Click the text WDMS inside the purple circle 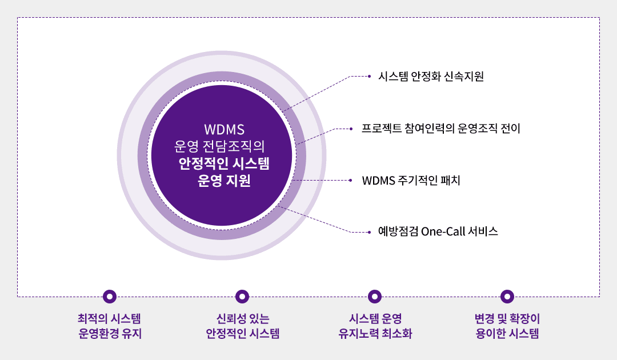click(225, 130)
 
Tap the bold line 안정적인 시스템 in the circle click(224, 163)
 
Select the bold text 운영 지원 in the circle click(224, 180)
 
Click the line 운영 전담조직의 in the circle click(219, 146)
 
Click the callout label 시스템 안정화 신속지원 click(431, 77)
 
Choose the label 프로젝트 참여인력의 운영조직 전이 click(440, 128)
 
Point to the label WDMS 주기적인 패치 click(411, 180)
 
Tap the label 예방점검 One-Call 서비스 click(438, 231)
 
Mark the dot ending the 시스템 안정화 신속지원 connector click(369, 77)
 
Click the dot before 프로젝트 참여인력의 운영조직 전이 click(351, 129)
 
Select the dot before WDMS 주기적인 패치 click(351, 180)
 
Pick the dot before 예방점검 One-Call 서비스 click(369, 232)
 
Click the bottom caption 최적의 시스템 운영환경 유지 click(109, 326)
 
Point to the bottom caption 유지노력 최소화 click(375, 334)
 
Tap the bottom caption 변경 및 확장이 click(507, 318)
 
